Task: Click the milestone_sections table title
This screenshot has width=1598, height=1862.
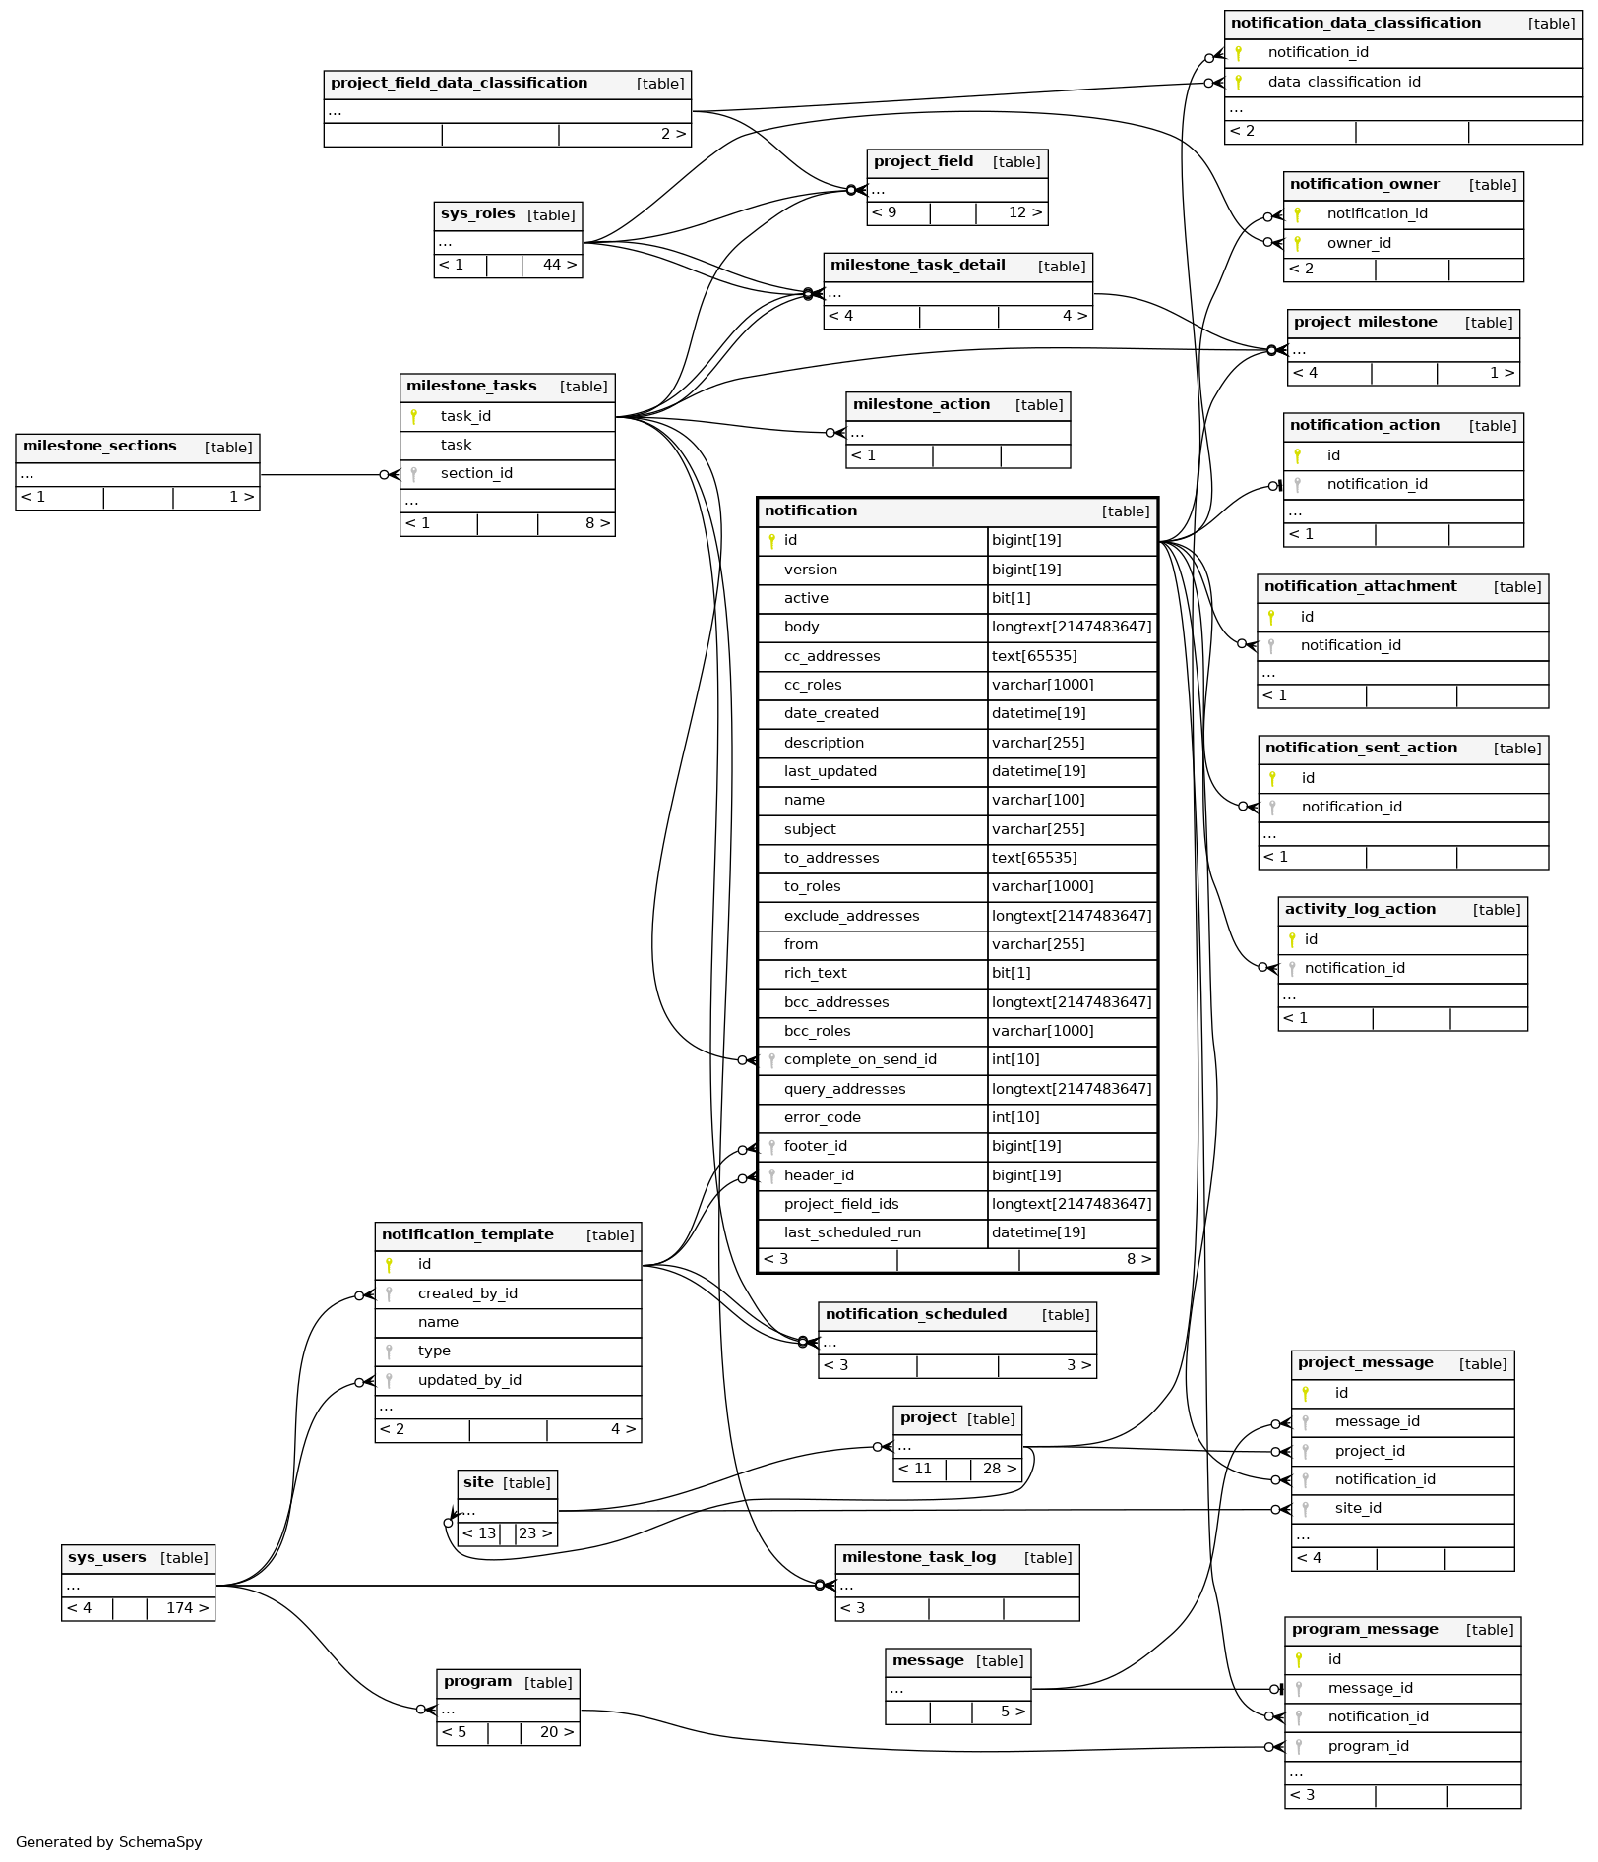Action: [x=99, y=447]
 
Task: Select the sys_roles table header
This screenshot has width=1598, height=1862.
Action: [x=508, y=214]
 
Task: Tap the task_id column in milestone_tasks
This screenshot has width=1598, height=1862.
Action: [x=465, y=416]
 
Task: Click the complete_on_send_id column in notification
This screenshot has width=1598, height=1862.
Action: [x=859, y=1059]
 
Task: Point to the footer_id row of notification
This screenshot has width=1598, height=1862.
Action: [x=815, y=1146]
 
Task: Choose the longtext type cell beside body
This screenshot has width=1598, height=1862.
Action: [x=1071, y=627]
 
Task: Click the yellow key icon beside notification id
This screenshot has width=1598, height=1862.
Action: [x=771, y=540]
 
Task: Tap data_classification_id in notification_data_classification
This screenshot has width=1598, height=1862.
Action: [x=1343, y=82]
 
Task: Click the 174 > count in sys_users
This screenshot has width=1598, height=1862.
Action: [x=187, y=1608]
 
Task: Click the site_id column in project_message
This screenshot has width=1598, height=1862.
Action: [x=1357, y=1508]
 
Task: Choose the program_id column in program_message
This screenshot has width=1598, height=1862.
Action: [x=1368, y=1746]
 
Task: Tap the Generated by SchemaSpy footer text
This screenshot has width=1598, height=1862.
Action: [x=108, y=1842]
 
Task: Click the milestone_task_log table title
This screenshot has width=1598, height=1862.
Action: [x=918, y=1557]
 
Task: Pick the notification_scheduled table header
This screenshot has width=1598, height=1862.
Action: [x=915, y=1314]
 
